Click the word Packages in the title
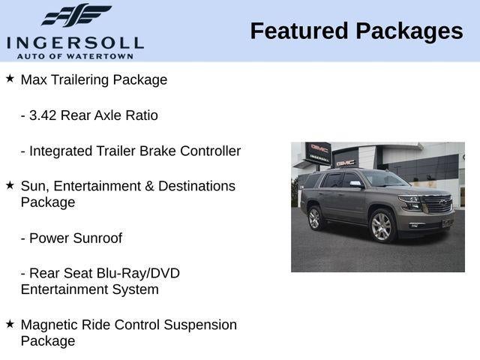[409, 31]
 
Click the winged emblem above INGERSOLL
[76, 15]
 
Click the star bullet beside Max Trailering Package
[10, 78]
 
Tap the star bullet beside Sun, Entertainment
[10, 184]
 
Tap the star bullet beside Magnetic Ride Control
[10, 323]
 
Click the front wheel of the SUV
[382, 226]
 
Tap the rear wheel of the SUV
[314, 218]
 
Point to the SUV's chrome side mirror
[355, 184]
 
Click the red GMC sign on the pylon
[319, 148]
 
